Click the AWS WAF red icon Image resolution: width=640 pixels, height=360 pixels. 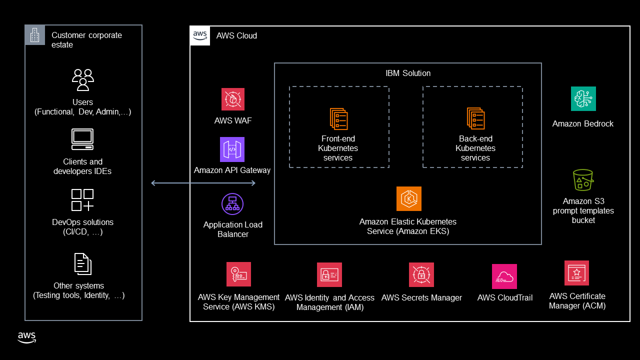tap(233, 99)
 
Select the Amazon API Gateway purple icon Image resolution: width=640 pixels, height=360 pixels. tap(232, 149)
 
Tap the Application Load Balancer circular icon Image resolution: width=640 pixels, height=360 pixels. tap(232, 204)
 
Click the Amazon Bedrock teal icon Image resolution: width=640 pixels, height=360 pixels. tap(583, 99)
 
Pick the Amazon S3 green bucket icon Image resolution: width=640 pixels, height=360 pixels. tap(583, 179)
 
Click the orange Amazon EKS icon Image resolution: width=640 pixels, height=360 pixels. tap(408, 199)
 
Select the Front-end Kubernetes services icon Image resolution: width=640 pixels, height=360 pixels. tap(338, 119)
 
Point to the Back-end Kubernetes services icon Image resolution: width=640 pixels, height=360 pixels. tap(475, 119)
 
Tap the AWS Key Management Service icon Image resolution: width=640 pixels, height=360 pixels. tap(238, 274)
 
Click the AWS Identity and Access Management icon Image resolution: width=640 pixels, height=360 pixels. tap(329, 275)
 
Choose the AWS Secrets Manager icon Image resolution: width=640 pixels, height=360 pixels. tap(421, 275)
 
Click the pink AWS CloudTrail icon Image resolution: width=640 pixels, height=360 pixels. tap(504, 276)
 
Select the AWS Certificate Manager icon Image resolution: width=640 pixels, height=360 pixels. tap(576, 273)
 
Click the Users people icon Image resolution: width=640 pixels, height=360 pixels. tap(83, 80)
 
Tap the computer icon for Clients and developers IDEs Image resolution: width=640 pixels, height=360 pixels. tap(82, 139)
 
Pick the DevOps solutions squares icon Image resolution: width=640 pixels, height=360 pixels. tap(82, 200)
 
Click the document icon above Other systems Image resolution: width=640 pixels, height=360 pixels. tap(82, 264)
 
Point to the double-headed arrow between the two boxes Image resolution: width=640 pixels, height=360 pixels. tap(203, 183)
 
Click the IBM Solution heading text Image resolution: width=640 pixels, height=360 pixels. tap(408, 73)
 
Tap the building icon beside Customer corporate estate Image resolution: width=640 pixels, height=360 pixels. tap(35, 35)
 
